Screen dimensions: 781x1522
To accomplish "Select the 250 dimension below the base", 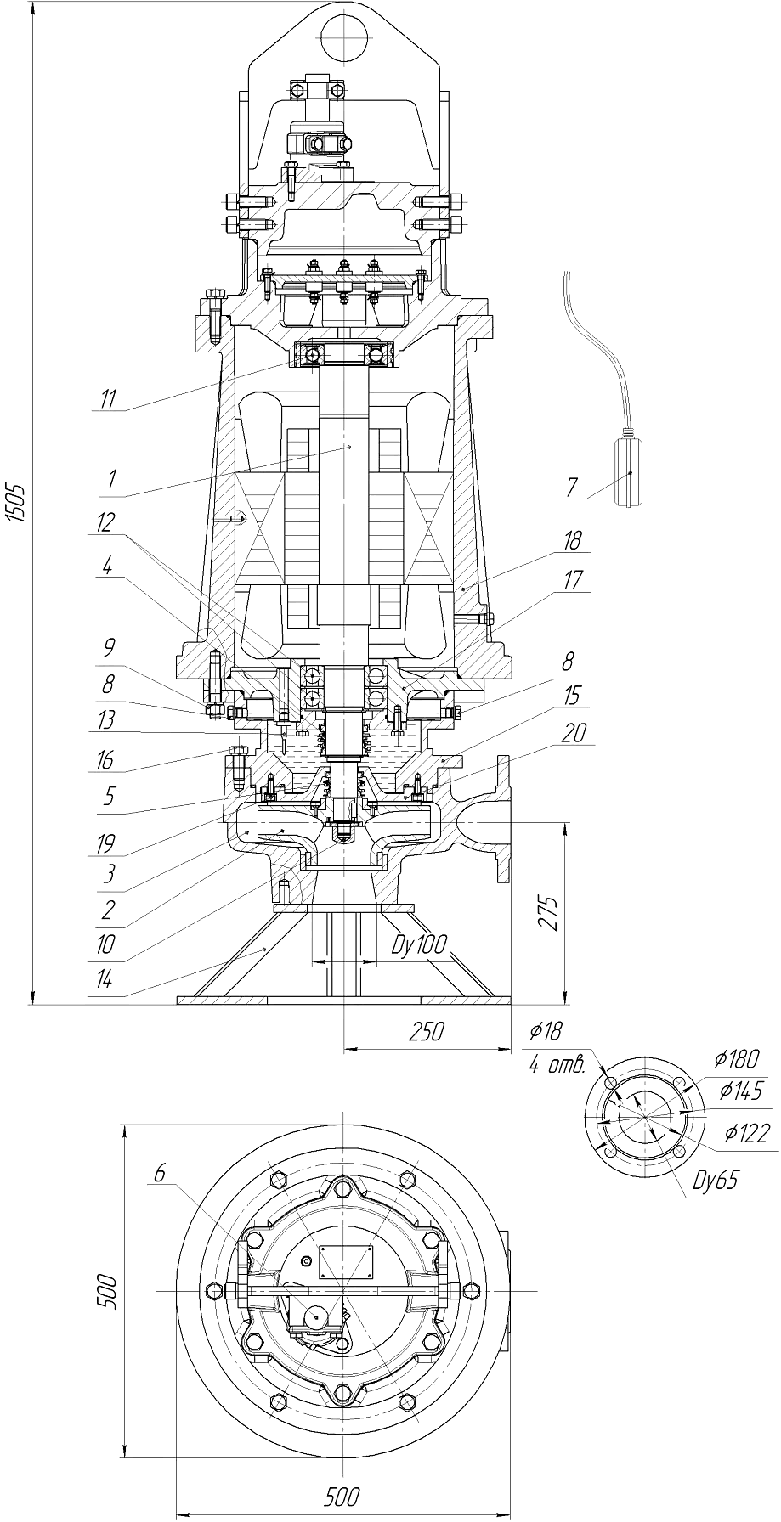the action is point(426,1032).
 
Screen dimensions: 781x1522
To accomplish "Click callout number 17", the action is point(574,580).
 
